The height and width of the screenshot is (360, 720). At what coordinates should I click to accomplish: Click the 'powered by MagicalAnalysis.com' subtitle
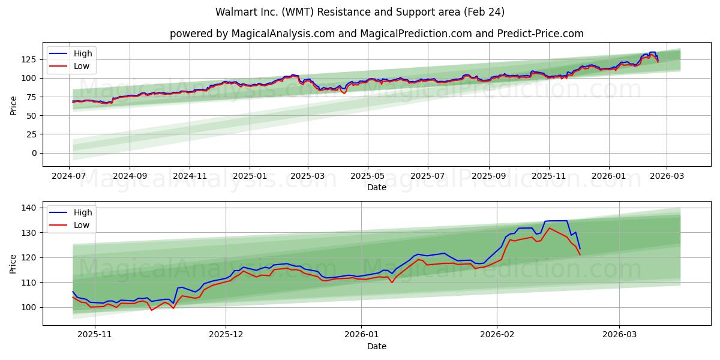(376, 34)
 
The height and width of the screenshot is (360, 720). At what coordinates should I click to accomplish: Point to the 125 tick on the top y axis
(29, 59)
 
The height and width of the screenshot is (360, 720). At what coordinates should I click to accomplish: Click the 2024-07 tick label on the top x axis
(69, 176)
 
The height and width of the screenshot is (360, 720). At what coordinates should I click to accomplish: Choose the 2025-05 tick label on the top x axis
(367, 176)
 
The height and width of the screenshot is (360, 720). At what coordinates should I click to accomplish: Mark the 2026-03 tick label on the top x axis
(666, 176)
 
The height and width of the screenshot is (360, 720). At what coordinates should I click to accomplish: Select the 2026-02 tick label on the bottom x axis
(498, 335)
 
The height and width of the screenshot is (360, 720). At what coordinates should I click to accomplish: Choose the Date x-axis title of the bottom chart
(376, 346)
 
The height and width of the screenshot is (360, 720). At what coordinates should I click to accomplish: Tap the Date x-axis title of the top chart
(376, 187)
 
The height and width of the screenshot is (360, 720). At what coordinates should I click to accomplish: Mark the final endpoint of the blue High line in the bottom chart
(580, 248)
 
